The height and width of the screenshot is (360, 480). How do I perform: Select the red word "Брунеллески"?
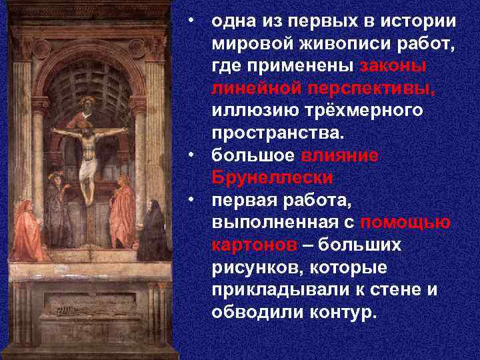273,178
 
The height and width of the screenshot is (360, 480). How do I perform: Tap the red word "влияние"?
340,155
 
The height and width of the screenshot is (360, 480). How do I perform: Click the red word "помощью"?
404,223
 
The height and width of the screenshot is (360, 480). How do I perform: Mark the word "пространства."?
278,133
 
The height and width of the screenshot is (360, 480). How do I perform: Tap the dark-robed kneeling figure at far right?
153,231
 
